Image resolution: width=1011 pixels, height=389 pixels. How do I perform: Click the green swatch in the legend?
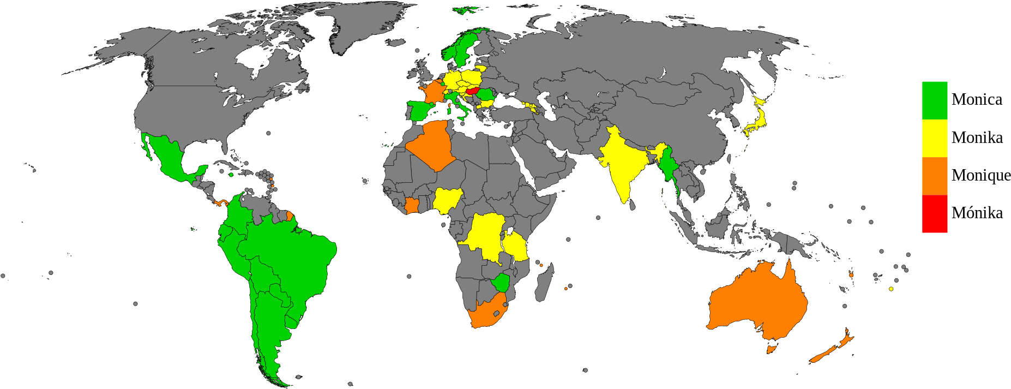tap(935, 100)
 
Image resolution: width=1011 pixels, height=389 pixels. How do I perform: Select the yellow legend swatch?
tap(935, 138)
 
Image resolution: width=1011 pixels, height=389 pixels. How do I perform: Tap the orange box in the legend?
tap(935, 176)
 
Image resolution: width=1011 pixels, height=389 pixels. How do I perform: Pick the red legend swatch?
tap(935, 214)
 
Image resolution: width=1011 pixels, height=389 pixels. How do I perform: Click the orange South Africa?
tap(485, 314)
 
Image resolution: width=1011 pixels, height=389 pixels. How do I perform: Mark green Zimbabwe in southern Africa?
tap(500, 283)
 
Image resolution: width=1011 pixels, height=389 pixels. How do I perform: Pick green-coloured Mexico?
tap(166, 155)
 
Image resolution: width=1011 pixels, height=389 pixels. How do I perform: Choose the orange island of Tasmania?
tap(771, 349)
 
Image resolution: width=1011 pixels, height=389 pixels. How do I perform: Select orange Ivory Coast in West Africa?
tap(412, 206)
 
